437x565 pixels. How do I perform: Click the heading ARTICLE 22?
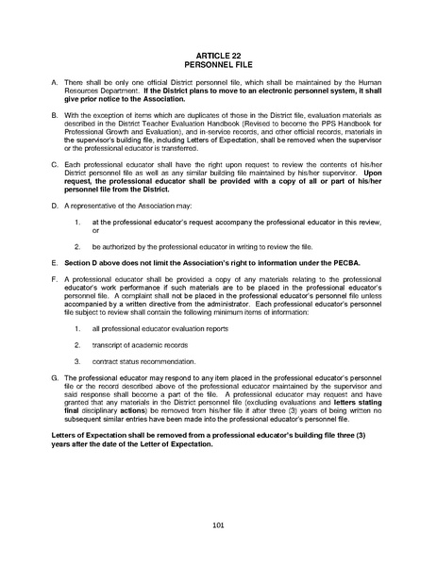coord(218,58)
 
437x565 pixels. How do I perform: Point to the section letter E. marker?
coord(52,258)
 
